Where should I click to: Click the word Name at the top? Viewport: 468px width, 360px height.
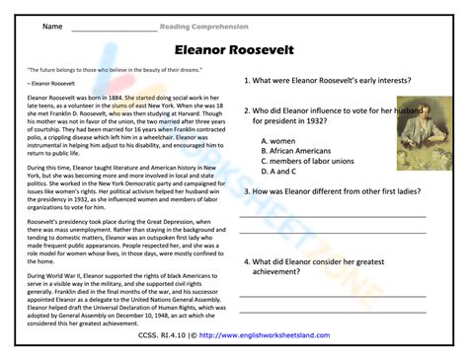[x=52, y=25]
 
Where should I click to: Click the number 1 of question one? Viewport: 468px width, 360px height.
[x=247, y=80]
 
